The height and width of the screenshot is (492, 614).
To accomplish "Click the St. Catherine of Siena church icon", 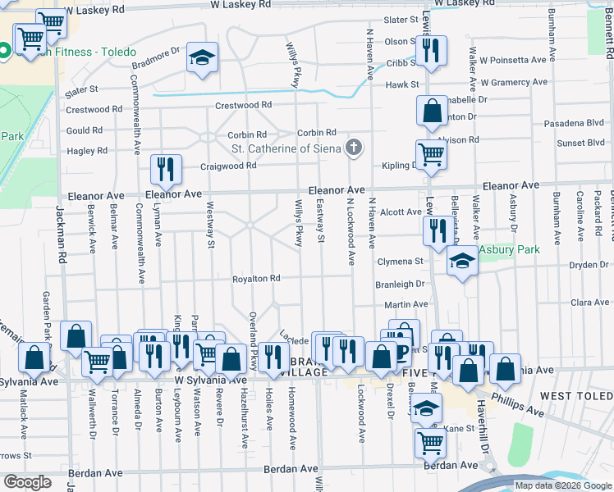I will click(354, 148).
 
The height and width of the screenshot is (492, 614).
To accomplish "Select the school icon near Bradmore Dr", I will click(202, 58).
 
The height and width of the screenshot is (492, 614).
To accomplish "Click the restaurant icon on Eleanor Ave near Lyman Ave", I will click(166, 170).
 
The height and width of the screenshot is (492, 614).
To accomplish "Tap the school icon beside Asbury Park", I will click(462, 262).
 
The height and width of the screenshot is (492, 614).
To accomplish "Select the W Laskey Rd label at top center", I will click(241, 4).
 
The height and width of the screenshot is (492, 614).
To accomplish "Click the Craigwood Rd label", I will click(229, 166).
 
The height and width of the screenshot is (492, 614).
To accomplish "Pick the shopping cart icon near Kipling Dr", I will click(430, 153).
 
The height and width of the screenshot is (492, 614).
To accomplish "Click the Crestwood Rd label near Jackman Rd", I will click(94, 110).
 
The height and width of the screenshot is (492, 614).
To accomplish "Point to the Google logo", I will click(28, 482).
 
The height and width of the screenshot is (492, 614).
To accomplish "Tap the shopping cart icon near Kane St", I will click(430, 443).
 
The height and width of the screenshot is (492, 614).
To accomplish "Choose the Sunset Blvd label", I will click(581, 143).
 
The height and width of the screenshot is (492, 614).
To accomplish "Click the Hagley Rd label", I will click(87, 151).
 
